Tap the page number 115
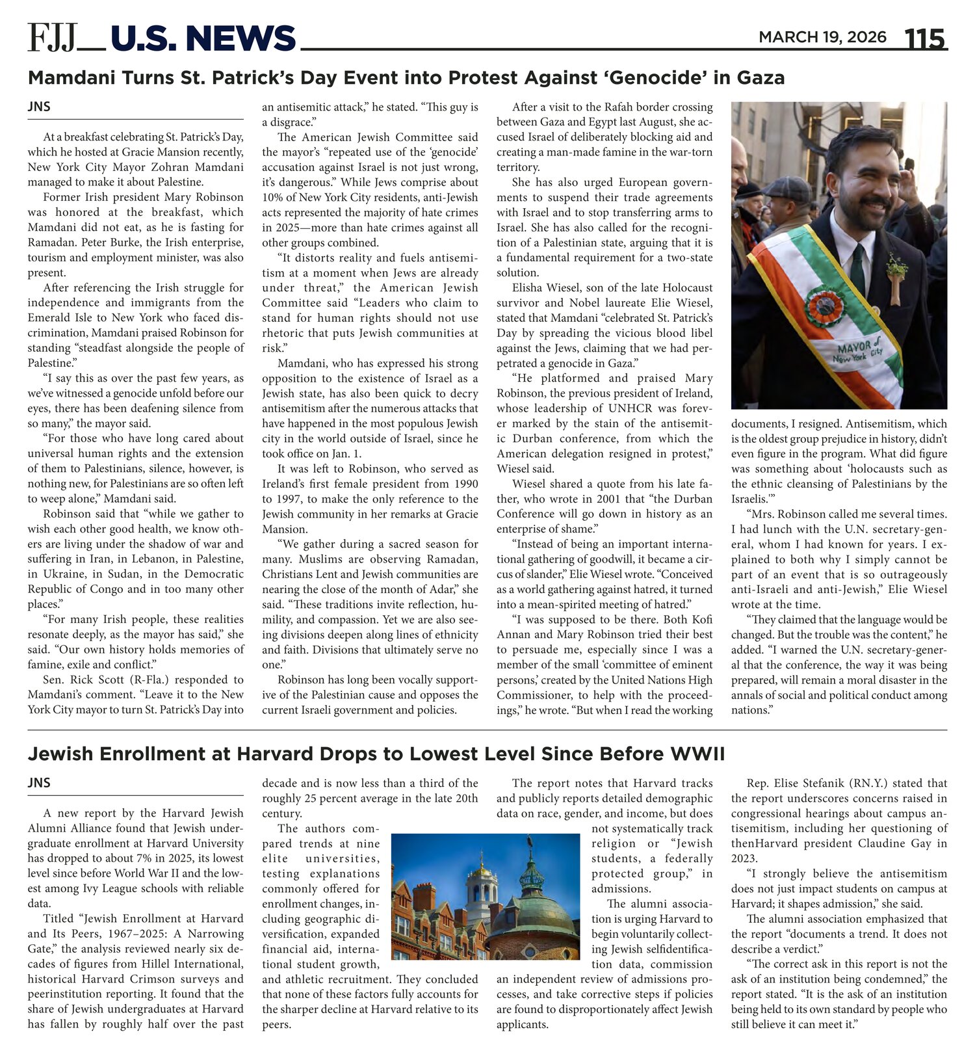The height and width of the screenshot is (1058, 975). pyautogui.click(x=926, y=39)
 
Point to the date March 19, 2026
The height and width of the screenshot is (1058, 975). pyautogui.click(x=822, y=37)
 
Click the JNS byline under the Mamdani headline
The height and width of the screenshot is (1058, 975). pyautogui.click(x=39, y=107)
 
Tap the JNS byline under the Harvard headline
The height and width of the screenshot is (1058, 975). pyautogui.click(x=39, y=783)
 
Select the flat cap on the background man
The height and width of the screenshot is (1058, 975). pyautogui.click(x=786, y=188)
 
